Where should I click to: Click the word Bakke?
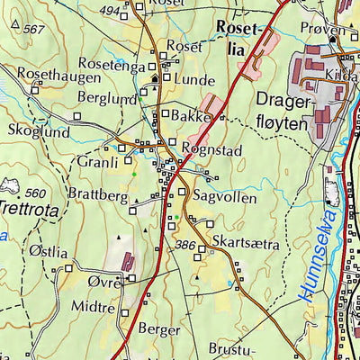click(x=193, y=117)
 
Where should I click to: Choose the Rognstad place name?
click(x=211, y=150)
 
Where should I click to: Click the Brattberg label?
click(x=97, y=193)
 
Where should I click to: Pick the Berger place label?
click(x=159, y=329)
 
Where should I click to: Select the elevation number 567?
click(x=33, y=30)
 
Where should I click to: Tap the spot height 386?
click(x=185, y=244)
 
